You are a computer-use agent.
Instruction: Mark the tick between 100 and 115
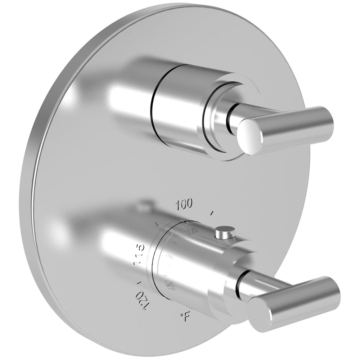point(157,224)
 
